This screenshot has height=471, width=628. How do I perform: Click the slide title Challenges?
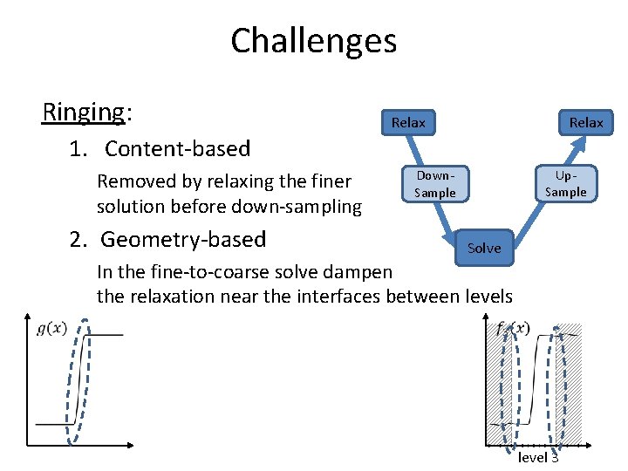[313, 41]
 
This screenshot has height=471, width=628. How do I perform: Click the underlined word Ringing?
[84, 112]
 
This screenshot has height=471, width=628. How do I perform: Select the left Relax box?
[408, 123]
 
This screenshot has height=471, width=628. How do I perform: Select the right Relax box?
[586, 123]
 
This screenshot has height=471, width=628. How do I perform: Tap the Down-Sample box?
[435, 184]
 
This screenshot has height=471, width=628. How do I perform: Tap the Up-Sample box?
[565, 184]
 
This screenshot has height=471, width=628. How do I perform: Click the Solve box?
[484, 248]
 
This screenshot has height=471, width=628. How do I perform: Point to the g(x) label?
[52, 328]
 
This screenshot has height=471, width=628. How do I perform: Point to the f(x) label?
[512, 329]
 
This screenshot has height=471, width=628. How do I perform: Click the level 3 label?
[538, 457]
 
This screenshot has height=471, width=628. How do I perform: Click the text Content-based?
[177, 149]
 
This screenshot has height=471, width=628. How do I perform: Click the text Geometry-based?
[183, 239]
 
